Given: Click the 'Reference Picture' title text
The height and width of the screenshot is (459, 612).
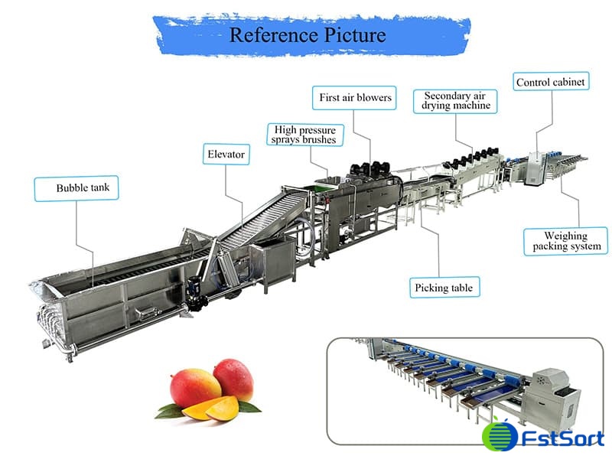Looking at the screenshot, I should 308,35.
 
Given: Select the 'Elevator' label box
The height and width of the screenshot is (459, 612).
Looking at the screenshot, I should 226,155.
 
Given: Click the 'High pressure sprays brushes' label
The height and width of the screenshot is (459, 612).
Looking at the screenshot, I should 304,134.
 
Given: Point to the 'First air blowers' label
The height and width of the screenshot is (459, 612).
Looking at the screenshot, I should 354,97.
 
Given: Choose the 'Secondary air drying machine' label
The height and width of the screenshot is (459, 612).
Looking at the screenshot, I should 457,100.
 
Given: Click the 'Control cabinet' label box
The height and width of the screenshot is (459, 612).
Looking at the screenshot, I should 551,82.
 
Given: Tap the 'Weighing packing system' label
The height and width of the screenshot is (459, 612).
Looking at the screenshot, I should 566,241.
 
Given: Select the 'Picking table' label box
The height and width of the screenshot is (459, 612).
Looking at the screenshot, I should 444,288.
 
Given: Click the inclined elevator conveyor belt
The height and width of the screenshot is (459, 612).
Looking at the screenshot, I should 252,222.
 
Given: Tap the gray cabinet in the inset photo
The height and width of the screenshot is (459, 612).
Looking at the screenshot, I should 555,390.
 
